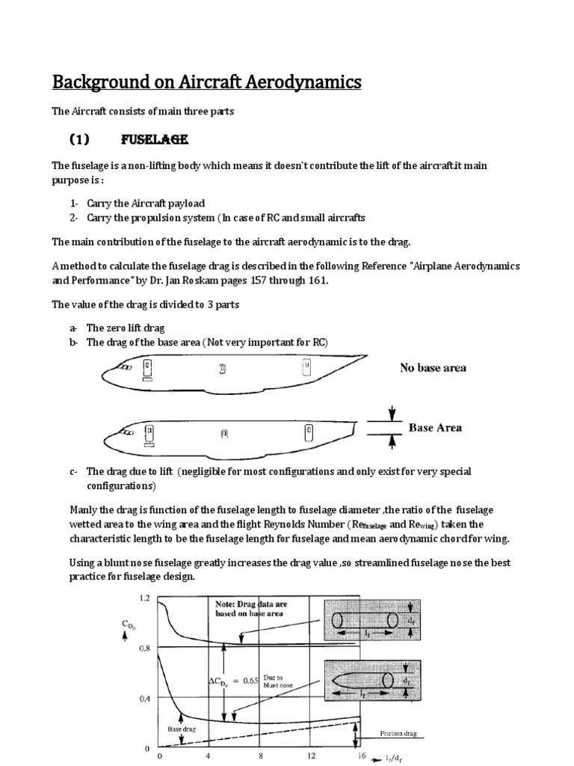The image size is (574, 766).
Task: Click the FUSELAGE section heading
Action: [x=154, y=140]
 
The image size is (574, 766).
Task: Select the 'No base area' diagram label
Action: [x=433, y=368]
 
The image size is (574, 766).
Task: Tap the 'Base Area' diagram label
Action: [x=435, y=428]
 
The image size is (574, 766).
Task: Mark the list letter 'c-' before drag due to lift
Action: [x=73, y=471]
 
